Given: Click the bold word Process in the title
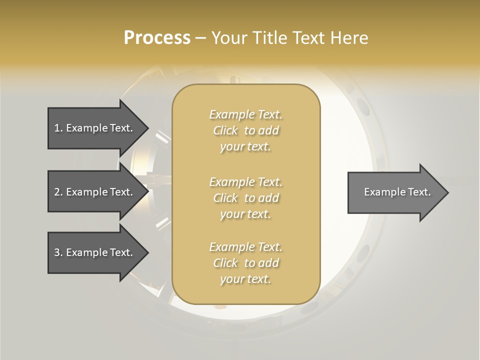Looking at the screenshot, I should click(157, 38).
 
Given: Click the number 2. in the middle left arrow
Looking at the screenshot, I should click(58, 192).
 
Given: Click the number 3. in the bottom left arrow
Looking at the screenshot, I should click(58, 252).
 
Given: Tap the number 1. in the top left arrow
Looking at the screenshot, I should click(58, 128).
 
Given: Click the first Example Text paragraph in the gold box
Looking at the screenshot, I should click(245, 130).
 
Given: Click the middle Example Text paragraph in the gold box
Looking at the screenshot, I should click(245, 197).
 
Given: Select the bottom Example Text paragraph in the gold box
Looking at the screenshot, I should click(245, 263).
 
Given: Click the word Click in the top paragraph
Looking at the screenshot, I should click(225, 130).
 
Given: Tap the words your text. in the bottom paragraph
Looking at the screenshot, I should click(245, 279).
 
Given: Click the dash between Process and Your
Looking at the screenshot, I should click(200, 38).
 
